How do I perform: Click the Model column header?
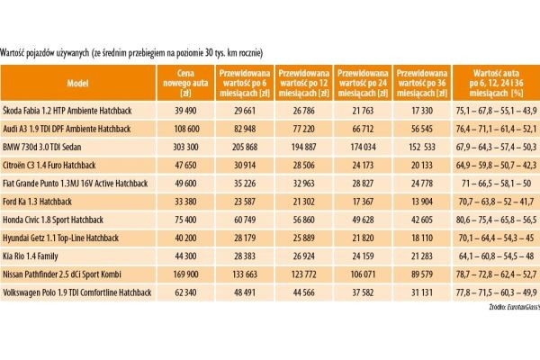[x=78, y=80]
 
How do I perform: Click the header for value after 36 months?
[x=422, y=80]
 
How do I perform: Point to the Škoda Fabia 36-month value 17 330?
[x=422, y=109]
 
